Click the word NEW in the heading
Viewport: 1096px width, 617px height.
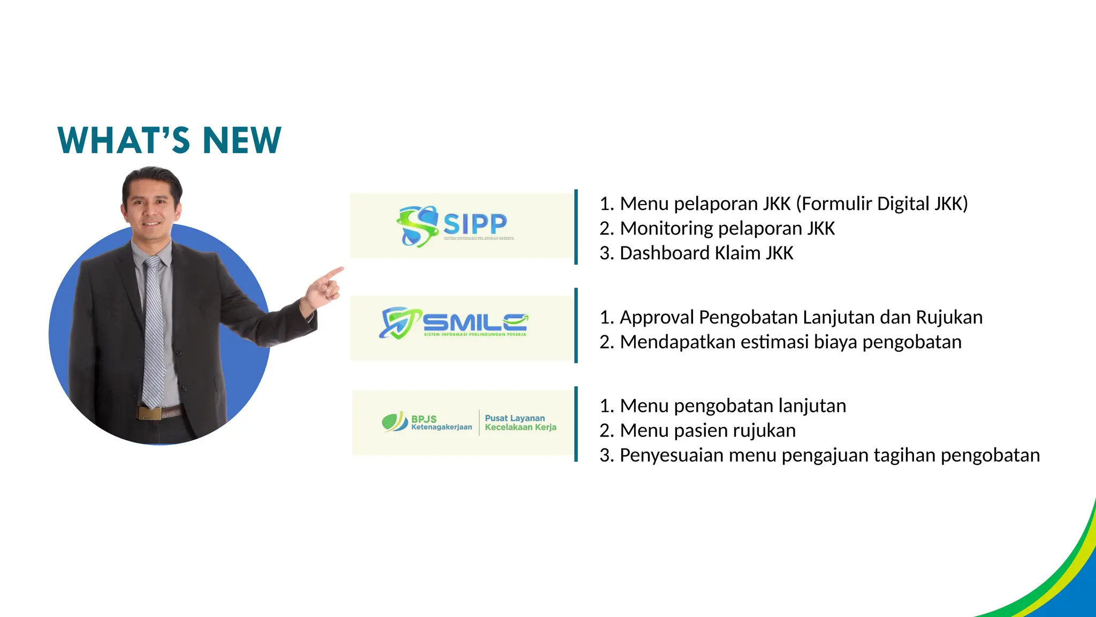pyautogui.click(x=242, y=140)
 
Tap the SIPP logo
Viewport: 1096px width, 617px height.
pyautogui.click(x=455, y=226)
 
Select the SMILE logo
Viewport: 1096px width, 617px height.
pyautogui.click(x=454, y=323)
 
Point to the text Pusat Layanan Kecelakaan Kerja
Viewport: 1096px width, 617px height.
pyautogui.click(x=520, y=423)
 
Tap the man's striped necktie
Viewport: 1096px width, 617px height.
pyautogui.click(x=153, y=332)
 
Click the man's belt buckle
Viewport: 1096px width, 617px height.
pyautogui.click(x=149, y=413)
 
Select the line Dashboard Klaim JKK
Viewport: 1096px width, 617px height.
pyautogui.click(x=706, y=253)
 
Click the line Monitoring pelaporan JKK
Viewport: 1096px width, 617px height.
pyautogui.click(x=727, y=229)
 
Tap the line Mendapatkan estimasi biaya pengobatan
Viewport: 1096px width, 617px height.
pyautogui.click(x=790, y=342)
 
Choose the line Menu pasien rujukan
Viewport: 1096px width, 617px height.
pyautogui.click(x=707, y=431)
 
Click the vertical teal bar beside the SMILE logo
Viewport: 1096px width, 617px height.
pyautogui.click(x=576, y=326)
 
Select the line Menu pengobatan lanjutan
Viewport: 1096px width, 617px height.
pyautogui.click(x=733, y=406)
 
